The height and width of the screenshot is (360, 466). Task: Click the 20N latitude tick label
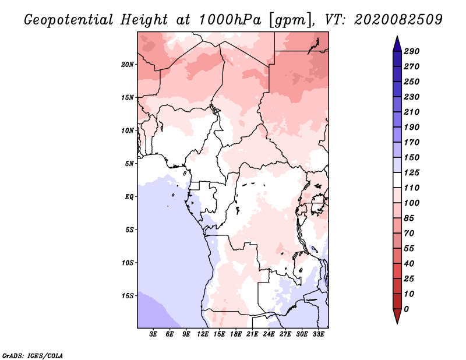[128, 65]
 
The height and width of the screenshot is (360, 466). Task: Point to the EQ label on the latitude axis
[129, 197]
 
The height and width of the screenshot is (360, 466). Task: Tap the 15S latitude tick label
[128, 296]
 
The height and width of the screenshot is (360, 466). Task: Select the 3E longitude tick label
[153, 334]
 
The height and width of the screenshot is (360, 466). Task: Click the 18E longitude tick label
[236, 334]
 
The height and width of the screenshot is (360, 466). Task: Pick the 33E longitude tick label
[318, 334]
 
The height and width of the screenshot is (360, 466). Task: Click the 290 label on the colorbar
[411, 51]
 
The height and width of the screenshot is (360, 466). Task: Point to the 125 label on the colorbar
[411, 172]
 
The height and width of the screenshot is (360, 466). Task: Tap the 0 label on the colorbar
[406, 309]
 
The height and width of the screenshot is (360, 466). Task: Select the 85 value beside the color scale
[409, 218]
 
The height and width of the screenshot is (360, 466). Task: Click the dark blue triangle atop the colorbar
[397, 44]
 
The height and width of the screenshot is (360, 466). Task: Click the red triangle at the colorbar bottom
[397, 316]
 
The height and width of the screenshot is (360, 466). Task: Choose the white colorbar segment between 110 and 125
[397, 180]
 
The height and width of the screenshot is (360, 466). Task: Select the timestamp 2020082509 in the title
[398, 20]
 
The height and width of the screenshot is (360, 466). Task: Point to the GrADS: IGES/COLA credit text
[33, 356]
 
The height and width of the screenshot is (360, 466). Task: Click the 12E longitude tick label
[203, 334]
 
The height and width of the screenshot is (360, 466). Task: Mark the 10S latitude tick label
[128, 263]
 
